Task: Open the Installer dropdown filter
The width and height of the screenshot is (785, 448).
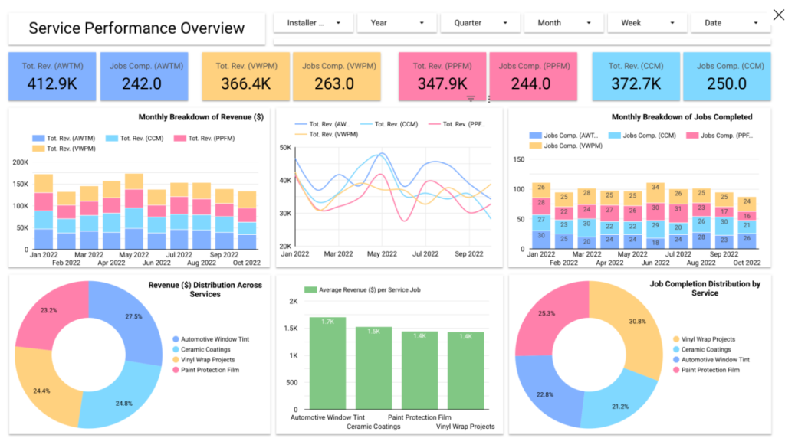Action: [x=314, y=23]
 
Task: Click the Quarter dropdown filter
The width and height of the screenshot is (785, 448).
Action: [x=480, y=23]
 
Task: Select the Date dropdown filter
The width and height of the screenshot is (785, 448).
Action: [x=731, y=23]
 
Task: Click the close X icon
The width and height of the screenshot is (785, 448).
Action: [x=779, y=15]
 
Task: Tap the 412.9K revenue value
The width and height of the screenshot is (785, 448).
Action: [x=52, y=84]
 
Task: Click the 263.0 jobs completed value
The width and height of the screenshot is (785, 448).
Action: [x=334, y=84]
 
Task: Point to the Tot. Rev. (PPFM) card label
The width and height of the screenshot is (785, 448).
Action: [x=442, y=66]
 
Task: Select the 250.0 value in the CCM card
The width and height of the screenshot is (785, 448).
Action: [x=727, y=84]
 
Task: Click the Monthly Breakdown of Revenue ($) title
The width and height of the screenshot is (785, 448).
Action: [x=201, y=117]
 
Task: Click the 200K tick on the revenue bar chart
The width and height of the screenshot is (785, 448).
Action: [x=21, y=162]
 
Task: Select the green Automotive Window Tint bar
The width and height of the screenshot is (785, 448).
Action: [x=327, y=364]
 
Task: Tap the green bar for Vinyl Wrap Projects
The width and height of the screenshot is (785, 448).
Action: [x=465, y=371]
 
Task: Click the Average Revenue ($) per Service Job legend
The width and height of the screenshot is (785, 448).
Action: [x=363, y=290]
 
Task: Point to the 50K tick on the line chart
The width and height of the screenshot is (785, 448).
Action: [x=285, y=148]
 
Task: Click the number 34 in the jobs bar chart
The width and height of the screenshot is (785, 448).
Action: [x=655, y=188]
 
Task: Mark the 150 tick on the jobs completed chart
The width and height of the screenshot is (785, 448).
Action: [x=519, y=159]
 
